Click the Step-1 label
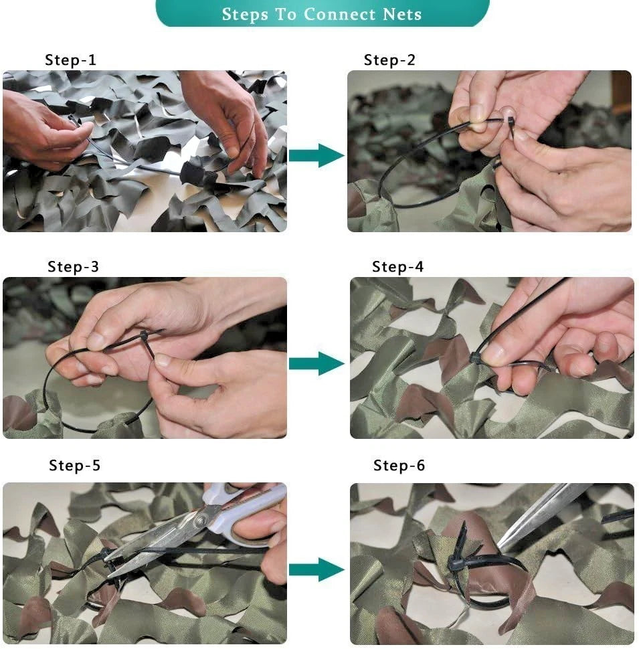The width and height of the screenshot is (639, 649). (70, 60)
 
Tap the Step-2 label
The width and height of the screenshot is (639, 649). (389, 60)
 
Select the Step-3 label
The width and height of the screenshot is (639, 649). (73, 267)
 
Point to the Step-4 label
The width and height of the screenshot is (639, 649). (397, 267)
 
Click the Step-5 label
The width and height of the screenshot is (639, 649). (74, 466)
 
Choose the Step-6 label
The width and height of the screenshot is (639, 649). (399, 466)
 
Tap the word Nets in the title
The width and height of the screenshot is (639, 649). (399, 14)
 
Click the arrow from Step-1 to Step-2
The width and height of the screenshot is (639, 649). (316, 155)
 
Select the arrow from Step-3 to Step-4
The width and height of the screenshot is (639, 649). (316, 363)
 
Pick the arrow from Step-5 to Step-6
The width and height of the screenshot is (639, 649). (316, 569)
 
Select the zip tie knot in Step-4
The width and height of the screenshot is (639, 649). (476, 358)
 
